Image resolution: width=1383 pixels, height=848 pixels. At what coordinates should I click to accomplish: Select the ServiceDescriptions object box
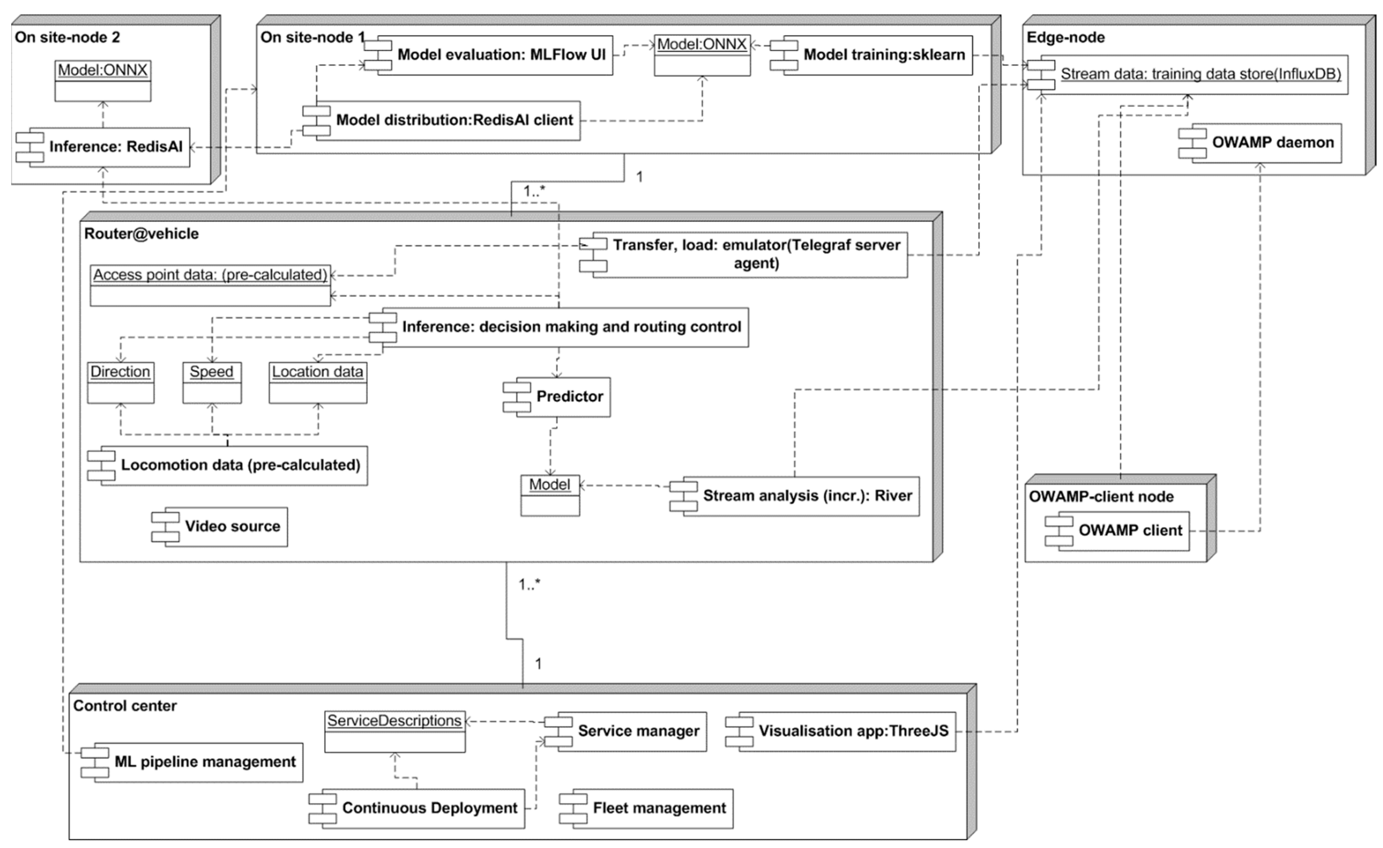394,731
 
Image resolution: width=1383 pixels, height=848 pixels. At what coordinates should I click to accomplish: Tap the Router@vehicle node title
141,234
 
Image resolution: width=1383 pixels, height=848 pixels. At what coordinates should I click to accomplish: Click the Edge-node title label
1065,38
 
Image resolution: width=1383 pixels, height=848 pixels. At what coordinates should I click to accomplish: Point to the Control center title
125,706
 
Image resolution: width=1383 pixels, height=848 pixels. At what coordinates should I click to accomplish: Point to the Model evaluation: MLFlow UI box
494,55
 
